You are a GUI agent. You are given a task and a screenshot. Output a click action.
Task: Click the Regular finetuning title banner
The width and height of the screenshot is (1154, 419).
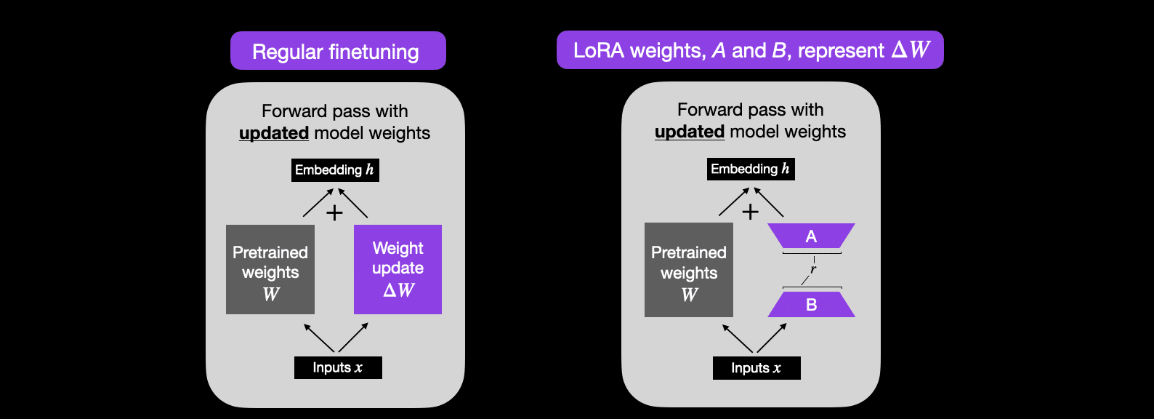338,51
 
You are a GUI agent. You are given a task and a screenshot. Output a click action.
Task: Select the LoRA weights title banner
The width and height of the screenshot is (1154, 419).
750,49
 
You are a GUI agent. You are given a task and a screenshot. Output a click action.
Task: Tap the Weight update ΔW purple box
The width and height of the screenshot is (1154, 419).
398,269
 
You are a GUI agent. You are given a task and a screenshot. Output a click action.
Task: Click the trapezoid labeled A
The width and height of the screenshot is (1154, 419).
812,236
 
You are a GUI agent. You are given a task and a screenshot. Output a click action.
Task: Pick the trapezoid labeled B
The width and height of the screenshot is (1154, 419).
812,305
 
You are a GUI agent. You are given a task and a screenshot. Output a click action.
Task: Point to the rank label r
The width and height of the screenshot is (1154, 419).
813,269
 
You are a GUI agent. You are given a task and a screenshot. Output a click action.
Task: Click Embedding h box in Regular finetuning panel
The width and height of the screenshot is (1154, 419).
336,169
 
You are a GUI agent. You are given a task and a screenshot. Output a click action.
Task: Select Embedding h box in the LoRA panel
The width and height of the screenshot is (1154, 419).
751,169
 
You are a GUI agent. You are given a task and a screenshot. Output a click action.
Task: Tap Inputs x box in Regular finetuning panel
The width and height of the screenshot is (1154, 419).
338,368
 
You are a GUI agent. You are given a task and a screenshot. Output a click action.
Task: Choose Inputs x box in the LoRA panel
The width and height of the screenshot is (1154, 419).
756,368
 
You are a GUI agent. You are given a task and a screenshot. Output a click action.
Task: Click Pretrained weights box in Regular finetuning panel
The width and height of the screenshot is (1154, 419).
270,269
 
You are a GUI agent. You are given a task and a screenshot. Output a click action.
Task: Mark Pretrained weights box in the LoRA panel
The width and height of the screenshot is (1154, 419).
689,270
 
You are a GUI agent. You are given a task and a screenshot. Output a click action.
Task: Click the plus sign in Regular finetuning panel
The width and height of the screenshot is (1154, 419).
335,212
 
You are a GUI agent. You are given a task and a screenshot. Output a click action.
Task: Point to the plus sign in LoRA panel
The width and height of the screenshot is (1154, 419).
751,212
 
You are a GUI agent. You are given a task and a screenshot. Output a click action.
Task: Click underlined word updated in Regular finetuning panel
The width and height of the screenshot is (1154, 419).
274,133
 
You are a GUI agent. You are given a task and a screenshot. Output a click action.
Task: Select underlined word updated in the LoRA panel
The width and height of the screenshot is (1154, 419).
690,132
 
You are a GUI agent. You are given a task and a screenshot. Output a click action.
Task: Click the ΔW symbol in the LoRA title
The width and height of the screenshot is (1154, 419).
911,49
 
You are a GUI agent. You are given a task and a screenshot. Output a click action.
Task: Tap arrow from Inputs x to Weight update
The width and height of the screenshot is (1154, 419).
353,338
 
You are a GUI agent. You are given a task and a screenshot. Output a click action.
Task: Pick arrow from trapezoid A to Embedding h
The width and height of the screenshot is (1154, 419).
769,201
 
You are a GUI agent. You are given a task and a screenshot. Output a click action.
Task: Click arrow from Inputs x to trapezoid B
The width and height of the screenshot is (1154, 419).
772,338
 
